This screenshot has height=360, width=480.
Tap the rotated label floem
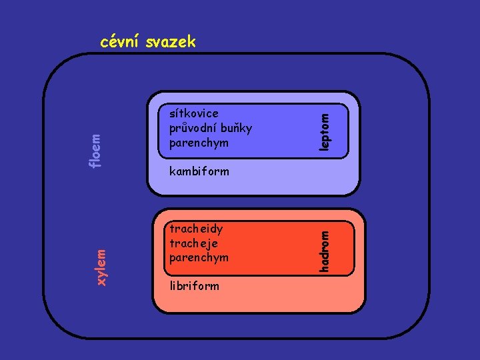tap(97, 151)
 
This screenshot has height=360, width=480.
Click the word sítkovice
tap(194, 113)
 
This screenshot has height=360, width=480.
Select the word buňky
tap(237, 128)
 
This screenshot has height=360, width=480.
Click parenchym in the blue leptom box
tap(199, 143)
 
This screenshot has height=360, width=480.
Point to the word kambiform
tap(199, 171)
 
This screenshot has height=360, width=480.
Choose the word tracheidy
tap(196, 229)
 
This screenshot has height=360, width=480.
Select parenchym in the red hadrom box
tap(199, 257)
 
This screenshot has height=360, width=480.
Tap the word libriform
tap(194, 286)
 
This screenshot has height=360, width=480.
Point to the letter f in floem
tap(96, 165)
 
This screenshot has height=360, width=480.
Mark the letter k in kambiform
tap(173, 171)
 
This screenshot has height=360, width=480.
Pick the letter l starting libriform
tap(171, 286)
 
